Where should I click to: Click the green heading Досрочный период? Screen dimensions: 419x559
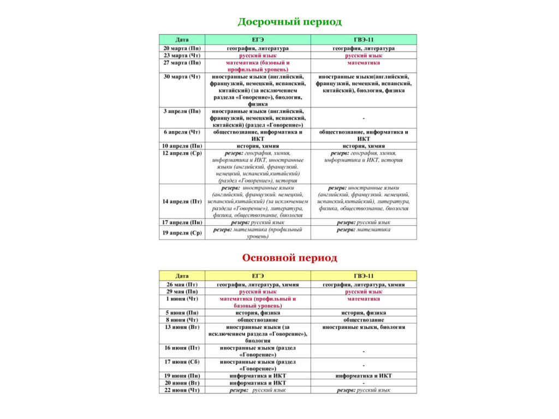pyautogui.click(x=289, y=22)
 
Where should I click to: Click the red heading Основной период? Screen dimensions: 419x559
pyautogui.click(x=289, y=258)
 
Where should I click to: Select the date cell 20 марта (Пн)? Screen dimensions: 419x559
pyautogui.click(x=182, y=49)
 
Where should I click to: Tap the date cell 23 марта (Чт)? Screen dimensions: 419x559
pyautogui.click(x=182, y=56)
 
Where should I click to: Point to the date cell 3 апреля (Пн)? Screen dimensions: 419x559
pyautogui.click(x=182, y=111)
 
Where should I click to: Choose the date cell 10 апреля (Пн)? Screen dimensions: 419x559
pyautogui.click(x=182, y=146)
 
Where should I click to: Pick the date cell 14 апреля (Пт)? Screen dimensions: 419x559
pyautogui.click(x=182, y=202)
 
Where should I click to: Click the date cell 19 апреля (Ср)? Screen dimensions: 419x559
pyautogui.click(x=182, y=233)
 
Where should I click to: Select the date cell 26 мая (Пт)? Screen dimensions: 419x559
pyautogui.click(x=182, y=285)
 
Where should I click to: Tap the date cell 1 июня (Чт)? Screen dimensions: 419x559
pyautogui.click(x=182, y=299)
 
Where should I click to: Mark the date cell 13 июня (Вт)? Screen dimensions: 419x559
pyautogui.click(x=182, y=327)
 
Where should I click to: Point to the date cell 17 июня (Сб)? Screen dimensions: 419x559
pyautogui.click(x=182, y=362)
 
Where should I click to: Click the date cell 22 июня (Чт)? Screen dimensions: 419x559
pyautogui.click(x=182, y=390)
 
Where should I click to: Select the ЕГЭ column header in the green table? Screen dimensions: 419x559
pyautogui.click(x=258, y=40)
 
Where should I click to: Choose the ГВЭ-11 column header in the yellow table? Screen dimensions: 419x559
pyautogui.click(x=364, y=276)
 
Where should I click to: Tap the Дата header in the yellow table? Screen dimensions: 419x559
pyautogui.click(x=182, y=276)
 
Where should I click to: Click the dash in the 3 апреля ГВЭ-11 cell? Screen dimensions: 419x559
pyautogui.click(x=364, y=118)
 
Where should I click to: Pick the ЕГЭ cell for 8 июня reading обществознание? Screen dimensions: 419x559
pyautogui.click(x=258, y=320)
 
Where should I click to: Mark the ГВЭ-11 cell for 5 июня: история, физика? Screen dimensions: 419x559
pyautogui.click(x=364, y=313)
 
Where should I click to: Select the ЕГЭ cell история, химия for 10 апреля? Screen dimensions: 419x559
pyautogui.click(x=258, y=146)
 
